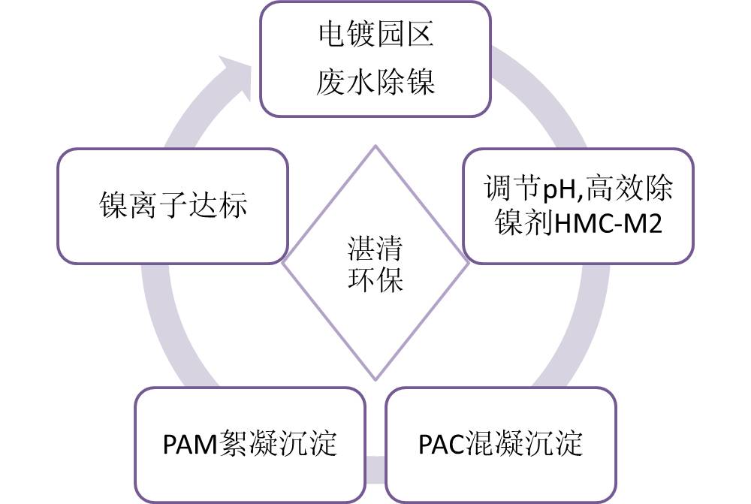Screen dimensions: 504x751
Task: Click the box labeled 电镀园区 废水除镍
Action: pyautogui.click(x=375, y=59)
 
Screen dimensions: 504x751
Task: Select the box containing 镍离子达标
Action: pyautogui.click(x=173, y=205)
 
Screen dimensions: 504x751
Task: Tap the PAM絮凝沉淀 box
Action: pyautogui.click(x=250, y=444)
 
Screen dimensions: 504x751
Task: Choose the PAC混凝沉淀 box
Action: pyautogui.click(x=500, y=444)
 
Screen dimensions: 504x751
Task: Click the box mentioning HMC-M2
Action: pyautogui.click(x=578, y=205)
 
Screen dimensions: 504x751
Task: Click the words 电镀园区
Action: pyautogui.click(x=375, y=36)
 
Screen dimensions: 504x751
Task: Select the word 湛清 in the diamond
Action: pyautogui.click(x=375, y=249)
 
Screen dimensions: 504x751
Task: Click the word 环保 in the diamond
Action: pyautogui.click(x=375, y=279)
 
